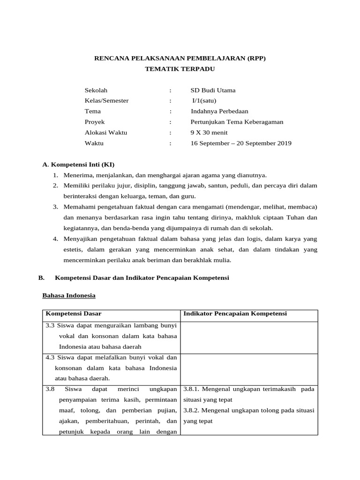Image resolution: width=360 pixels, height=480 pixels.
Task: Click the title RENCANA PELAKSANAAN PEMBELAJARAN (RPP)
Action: [180, 59]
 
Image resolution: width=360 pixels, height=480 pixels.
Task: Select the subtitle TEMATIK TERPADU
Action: [180, 69]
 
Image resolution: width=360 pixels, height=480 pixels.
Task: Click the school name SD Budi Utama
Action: [213, 90]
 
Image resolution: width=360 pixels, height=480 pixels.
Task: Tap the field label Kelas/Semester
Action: [106, 101]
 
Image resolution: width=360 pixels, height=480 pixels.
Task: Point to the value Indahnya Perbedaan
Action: [219, 112]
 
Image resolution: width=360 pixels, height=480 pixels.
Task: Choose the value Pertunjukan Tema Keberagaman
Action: [237, 122]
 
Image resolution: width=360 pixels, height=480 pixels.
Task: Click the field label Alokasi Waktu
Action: [105, 133]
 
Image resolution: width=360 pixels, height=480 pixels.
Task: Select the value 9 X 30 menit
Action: [209, 133]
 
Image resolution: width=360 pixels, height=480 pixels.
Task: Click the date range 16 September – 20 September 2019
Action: [241, 143]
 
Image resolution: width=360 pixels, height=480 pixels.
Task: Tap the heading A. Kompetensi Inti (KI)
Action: [78, 165]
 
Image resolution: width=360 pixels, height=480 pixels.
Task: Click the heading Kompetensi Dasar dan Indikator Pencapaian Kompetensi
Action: [142, 278]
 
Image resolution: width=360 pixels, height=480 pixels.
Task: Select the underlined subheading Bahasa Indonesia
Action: [69, 296]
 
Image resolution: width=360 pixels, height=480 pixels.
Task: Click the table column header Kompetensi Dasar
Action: [73, 314]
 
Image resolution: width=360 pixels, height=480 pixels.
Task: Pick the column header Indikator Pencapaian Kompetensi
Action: [235, 314]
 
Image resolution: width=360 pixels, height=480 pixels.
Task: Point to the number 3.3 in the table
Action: [50, 325]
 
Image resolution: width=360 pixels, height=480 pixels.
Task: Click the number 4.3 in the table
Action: [50, 357]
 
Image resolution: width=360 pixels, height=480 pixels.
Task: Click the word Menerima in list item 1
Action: [78, 175]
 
